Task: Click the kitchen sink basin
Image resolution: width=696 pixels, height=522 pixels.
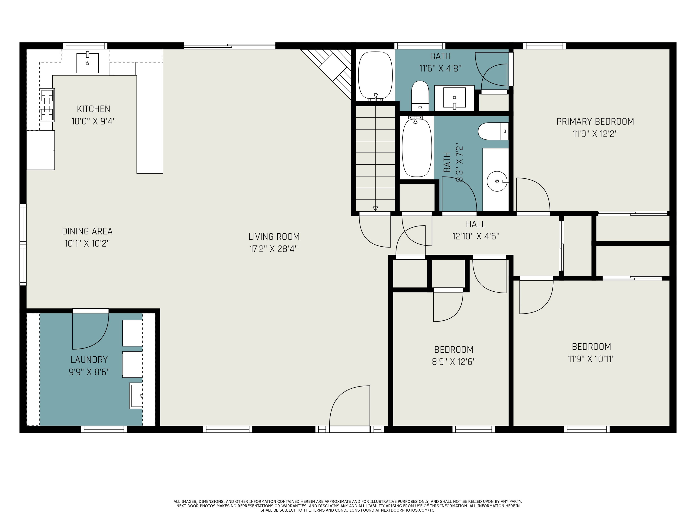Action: pyautogui.click(x=87, y=63)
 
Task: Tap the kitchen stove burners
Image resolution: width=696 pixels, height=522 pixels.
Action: pyautogui.click(x=47, y=105)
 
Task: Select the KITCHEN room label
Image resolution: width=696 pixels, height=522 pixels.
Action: pyautogui.click(x=93, y=109)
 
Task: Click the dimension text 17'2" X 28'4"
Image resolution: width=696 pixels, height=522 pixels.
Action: pyautogui.click(x=274, y=249)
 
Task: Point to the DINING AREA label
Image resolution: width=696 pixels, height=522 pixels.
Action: pyautogui.click(x=87, y=231)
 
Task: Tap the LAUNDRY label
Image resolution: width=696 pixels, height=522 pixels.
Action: pyautogui.click(x=89, y=360)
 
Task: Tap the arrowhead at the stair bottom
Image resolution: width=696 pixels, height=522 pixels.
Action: pyautogui.click(x=375, y=208)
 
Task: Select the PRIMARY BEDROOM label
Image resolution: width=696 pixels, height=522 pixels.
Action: pyautogui.click(x=595, y=122)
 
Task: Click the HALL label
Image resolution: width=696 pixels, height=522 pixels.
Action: pyautogui.click(x=476, y=224)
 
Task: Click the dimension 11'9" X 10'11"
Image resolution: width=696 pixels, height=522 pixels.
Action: pyautogui.click(x=591, y=359)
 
